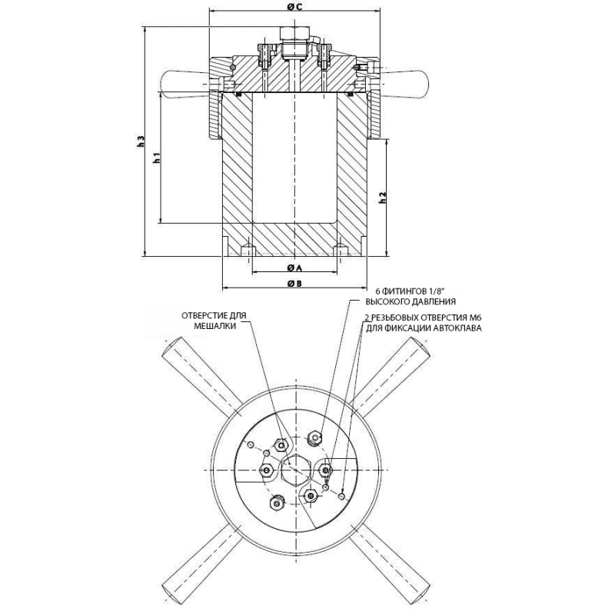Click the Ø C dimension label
pos(294,8)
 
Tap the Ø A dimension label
pos(294,268)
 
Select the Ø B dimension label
pos(294,284)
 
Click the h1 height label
pos(157,158)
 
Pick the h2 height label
pos(383,198)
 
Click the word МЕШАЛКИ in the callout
pos(215,326)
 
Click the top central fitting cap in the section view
pos(295,33)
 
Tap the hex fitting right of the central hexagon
pos(325,469)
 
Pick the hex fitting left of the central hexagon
pos(268,470)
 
